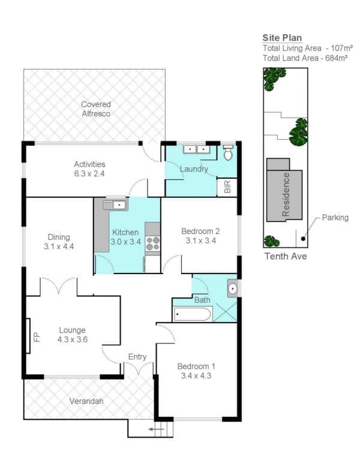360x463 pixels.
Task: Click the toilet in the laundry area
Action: (227, 153)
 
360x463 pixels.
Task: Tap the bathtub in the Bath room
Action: (193, 314)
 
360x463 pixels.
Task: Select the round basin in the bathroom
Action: (233, 288)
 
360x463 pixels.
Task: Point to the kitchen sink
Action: (115, 205)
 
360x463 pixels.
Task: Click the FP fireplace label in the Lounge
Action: (37, 336)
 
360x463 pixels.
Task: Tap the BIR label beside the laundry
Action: (227, 187)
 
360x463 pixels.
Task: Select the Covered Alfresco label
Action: (96, 109)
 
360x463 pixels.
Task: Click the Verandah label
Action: (86, 401)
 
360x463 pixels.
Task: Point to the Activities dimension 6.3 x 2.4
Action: (89, 173)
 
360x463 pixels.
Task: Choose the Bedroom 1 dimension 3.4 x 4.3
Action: (196, 375)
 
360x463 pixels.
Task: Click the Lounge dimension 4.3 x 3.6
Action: (73, 339)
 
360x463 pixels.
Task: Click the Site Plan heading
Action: (282, 38)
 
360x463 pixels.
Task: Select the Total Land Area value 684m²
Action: (337, 58)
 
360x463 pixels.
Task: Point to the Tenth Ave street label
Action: (286, 255)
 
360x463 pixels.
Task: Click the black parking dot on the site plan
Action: (303, 239)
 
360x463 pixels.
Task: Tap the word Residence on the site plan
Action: (286, 194)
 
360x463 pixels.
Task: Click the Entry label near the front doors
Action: (137, 357)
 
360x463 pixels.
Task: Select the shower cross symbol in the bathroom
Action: (225, 312)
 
